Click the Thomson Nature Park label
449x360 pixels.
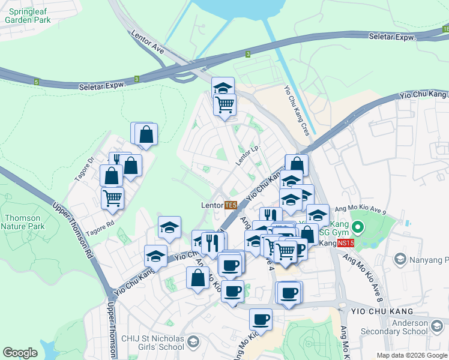pyautogui.click(x=23, y=222)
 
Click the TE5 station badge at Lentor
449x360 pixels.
pyautogui.click(x=231, y=205)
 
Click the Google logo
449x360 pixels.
pyautogui.click(x=20, y=353)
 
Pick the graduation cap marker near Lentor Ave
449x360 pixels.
pyautogui.click(x=223, y=88)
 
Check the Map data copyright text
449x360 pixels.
pyautogui.click(x=412, y=355)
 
